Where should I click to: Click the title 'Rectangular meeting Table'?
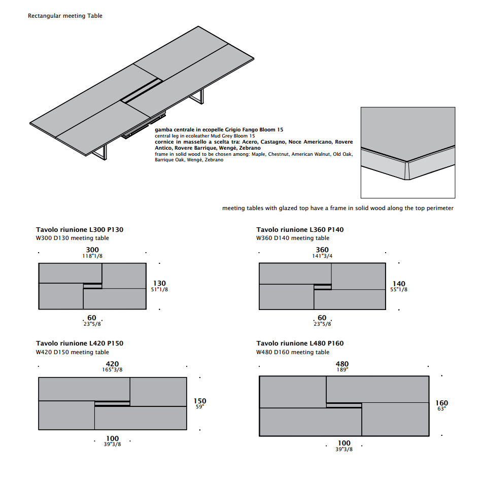(65, 16)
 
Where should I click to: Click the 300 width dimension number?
(92, 250)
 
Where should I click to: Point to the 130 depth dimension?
(159, 283)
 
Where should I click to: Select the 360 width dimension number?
(322, 250)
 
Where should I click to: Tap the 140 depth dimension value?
(399, 284)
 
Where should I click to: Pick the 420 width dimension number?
(112, 364)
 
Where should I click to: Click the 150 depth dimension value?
(200, 401)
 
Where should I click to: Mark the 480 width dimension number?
(342, 364)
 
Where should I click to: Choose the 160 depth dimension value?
(442, 403)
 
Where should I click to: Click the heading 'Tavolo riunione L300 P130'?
(80, 230)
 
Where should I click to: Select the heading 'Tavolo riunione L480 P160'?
(300, 343)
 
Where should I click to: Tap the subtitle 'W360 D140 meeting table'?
(293, 238)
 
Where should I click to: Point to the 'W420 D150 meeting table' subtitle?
(72, 352)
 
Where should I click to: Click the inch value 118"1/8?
(92, 256)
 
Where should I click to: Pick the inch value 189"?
(342, 370)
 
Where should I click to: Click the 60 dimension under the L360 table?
(322, 318)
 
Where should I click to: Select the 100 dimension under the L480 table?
(344, 443)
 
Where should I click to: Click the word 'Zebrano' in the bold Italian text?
(249, 148)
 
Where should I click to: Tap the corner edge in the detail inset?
(407, 170)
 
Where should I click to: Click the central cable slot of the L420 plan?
(112, 404)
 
